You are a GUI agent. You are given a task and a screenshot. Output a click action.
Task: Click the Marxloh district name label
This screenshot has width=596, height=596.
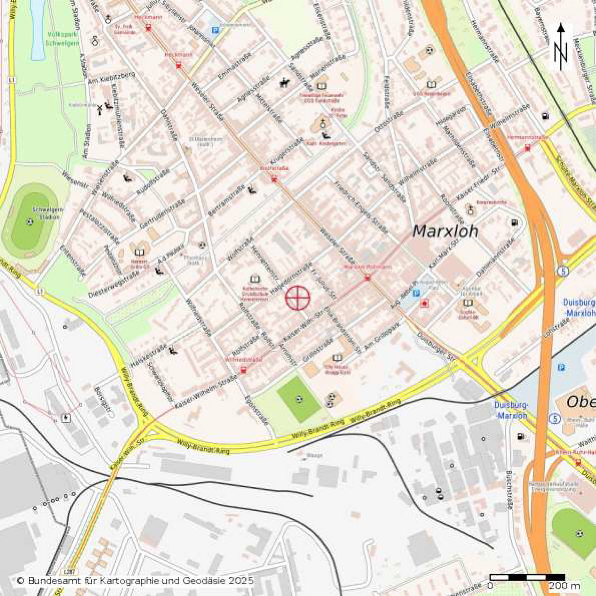click(x=445, y=231)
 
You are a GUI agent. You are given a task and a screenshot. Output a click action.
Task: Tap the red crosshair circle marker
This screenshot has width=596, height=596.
click(x=298, y=298)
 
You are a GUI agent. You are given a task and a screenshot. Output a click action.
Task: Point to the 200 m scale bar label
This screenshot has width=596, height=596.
click(x=564, y=585)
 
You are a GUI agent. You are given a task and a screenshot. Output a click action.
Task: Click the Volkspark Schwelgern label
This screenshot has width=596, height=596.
click(x=63, y=39)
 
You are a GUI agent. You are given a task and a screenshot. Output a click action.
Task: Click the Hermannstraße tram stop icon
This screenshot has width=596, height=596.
click(x=527, y=148)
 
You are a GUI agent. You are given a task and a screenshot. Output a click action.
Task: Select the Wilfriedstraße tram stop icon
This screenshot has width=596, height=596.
click(x=244, y=370)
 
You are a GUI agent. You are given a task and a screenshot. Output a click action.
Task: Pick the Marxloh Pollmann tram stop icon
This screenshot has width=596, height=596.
click(x=367, y=278)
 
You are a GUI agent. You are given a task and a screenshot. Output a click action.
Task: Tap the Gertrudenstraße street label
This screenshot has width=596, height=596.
click(x=163, y=214)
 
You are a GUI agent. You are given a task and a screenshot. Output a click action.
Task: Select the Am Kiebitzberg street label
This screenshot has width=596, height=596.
click(x=111, y=78)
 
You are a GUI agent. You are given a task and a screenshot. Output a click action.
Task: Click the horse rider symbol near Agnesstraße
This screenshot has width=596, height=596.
click(x=284, y=83)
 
